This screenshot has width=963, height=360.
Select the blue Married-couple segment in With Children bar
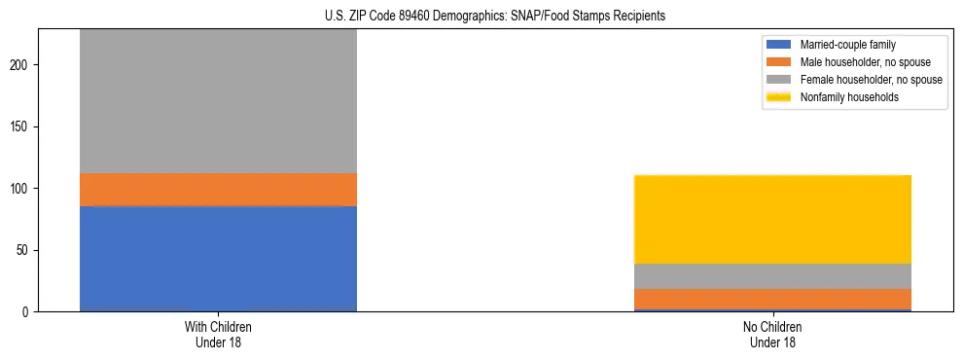pyautogui.click(x=218, y=259)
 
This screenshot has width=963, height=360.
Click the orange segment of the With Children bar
pyautogui.click(x=218, y=190)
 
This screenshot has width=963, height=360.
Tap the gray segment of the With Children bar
pyautogui.click(x=218, y=101)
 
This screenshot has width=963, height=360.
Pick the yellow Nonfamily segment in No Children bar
pyautogui.click(x=772, y=219)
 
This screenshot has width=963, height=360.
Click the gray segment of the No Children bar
pyautogui.click(x=772, y=276)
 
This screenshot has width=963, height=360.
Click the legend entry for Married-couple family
pyautogui.click(x=847, y=45)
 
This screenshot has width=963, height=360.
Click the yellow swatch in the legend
pyautogui.click(x=779, y=97)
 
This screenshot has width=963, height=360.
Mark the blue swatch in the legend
pyautogui.click(x=779, y=45)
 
